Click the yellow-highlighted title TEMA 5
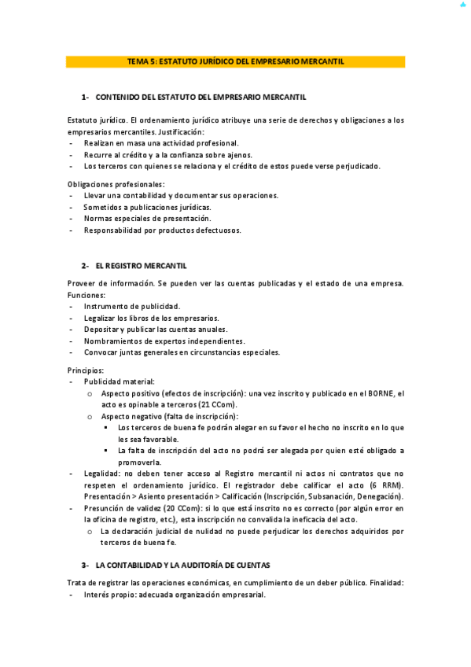235,61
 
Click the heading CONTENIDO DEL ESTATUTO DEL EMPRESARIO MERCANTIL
201,97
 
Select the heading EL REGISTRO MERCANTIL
141,266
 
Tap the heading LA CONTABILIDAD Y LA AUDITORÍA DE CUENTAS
182,565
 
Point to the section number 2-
85,266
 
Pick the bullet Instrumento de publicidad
131,306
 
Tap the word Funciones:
86,295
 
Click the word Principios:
86,369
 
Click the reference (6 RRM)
385,485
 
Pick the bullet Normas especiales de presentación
147,219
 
